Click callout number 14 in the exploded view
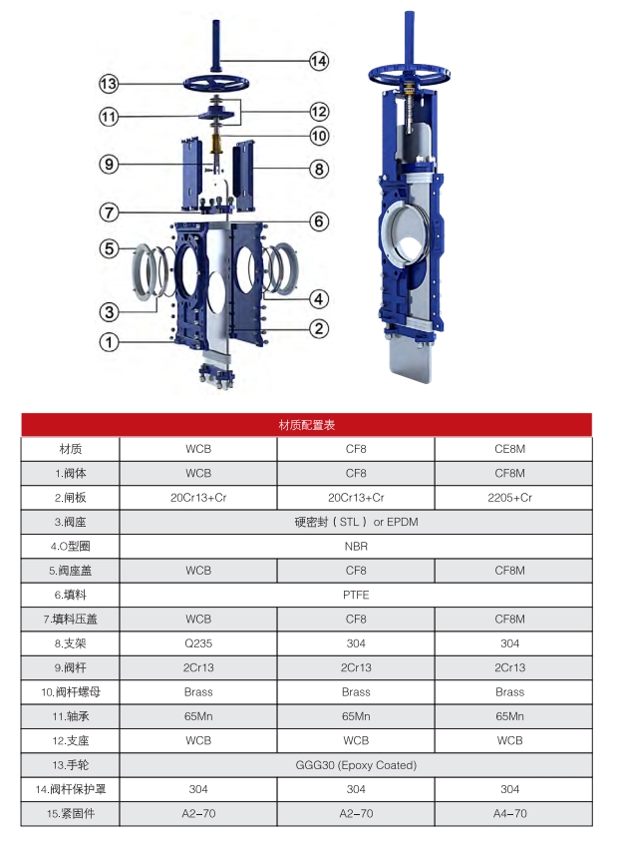coord(318,61)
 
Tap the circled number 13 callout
coord(109,83)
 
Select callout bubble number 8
coord(318,169)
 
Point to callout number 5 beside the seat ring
coord(109,247)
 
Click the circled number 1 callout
coord(109,342)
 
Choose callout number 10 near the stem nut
coord(318,135)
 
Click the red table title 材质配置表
coord(307,425)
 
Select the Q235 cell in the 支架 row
coord(198,643)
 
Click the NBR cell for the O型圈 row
coord(356,546)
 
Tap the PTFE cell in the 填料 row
coord(356,595)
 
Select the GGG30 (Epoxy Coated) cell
coord(356,765)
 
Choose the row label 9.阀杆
coord(71,667)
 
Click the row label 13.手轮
coord(71,765)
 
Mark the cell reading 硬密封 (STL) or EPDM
coord(356,522)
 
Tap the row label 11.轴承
coord(71,716)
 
